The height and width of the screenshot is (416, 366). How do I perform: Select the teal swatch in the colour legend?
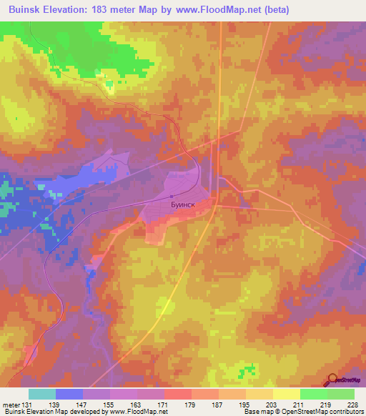(x=42, y=394)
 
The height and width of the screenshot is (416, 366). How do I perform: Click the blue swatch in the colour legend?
(x=69, y=394)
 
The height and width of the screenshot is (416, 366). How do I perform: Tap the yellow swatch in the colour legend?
(x=286, y=394)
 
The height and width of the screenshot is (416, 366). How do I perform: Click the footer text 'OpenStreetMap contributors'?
(x=322, y=412)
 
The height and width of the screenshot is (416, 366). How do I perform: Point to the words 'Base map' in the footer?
(x=256, y=412)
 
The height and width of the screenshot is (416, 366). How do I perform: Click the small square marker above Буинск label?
(x=172, y=197)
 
